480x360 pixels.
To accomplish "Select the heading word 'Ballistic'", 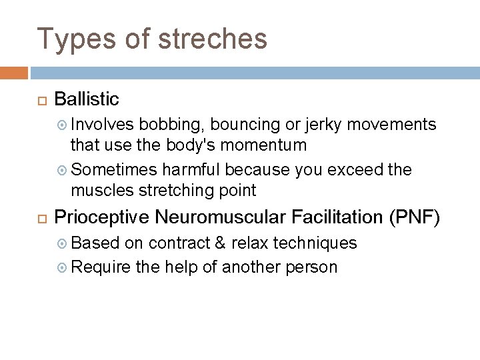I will pyautogui.click(x=86, y=99).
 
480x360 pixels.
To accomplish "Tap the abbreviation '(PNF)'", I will pyautogui.click(x=417, y=217).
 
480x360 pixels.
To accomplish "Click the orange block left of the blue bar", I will pyautogui.click(x=13, y=72).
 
